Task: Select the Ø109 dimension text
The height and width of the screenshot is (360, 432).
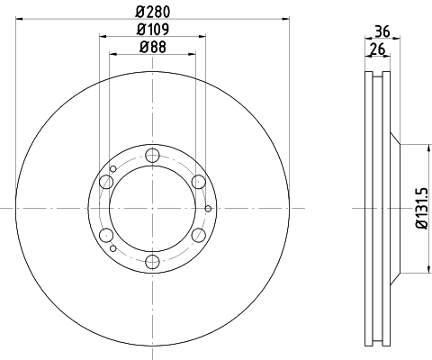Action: pos(154,28)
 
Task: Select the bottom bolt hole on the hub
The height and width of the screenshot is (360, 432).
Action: pos(153,262)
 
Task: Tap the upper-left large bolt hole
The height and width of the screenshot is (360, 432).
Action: pos(107,183)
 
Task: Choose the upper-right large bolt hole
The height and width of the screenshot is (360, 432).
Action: pos(199,183)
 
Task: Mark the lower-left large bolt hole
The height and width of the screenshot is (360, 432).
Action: pos(107,236)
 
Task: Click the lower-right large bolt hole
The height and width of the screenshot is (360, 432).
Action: pos(199,236)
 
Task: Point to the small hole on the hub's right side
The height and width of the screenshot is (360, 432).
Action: pos(208,210)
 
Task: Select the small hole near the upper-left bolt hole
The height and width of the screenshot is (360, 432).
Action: pos(112,168)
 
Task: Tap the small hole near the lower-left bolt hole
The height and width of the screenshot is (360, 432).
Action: pos(112,249)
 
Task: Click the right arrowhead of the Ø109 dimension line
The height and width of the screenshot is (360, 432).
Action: pos(207,36)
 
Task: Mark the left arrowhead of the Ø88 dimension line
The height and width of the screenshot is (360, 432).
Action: pos(112,54)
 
